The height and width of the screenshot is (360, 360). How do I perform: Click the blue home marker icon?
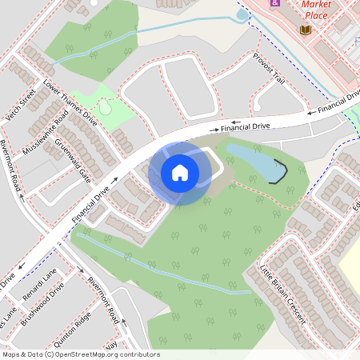[180, 172]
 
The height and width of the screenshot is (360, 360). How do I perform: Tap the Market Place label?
[316, 9]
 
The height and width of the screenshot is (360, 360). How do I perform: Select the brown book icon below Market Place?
[306, 30]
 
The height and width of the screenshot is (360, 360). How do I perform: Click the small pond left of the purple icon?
[242, 14]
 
